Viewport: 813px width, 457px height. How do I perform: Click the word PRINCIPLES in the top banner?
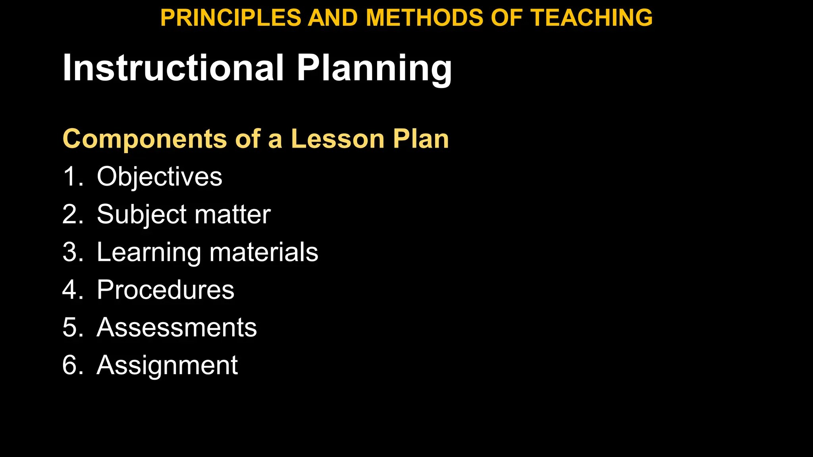(x=231, y=18)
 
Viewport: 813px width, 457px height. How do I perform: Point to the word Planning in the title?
(x=374, y=68)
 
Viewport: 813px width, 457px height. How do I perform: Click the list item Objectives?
(x=159, y=177)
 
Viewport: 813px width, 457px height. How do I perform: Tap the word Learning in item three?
(x=149, y=252)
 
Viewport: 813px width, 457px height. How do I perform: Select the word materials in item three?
(x=264, y=252)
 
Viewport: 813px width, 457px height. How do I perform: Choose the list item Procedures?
(x=166, y=290)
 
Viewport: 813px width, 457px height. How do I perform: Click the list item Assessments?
(x=177, y=328)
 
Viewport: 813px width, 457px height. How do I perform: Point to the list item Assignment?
(x=167, y=365)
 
